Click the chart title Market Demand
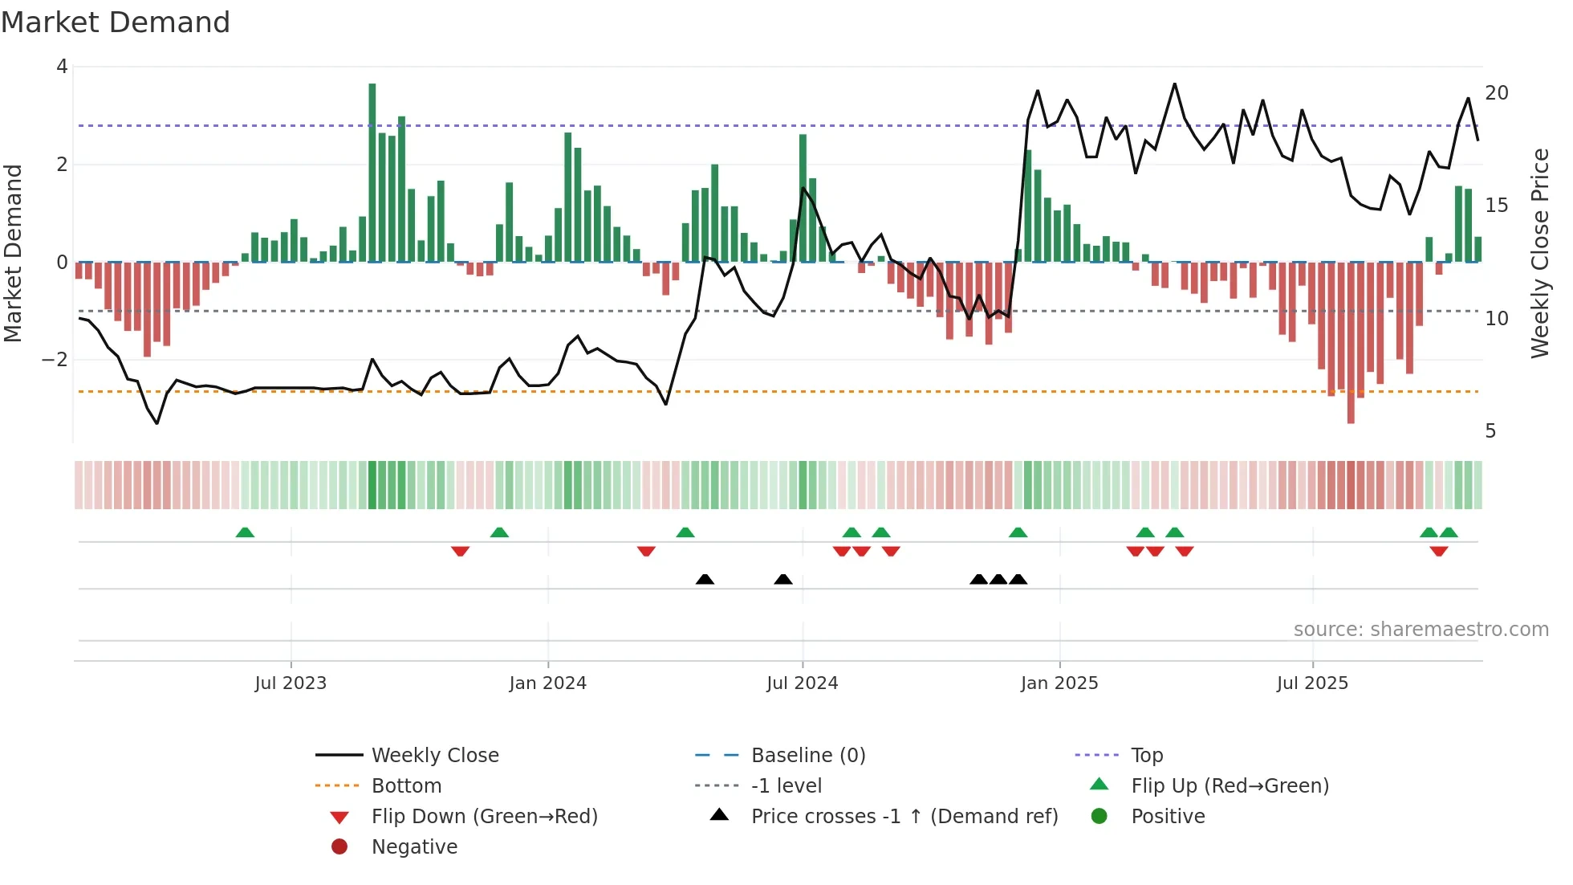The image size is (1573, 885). coord(116,22)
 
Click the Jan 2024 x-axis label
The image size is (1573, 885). coord(547,683)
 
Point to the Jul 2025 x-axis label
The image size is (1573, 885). coord(1312,683)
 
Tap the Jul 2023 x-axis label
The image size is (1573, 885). coord(291,683)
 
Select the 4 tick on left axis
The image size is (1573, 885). coord(62,67)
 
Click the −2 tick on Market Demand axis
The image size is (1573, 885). coord(55,360)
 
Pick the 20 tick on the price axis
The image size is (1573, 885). coord(1496,93)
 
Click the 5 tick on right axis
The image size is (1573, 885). coord(1490,432)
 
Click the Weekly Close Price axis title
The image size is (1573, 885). coord(1539,253)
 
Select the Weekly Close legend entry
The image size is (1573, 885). coord(434,756)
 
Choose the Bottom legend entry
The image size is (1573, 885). coord(406,786)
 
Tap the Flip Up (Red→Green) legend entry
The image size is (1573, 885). coord(1230,786)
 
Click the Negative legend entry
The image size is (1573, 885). coord(414,847)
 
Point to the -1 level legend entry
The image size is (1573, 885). coord(786,786)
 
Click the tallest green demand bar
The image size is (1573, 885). coord(372,173)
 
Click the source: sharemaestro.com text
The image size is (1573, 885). coord(1421,630)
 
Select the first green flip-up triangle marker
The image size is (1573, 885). coord(245,532)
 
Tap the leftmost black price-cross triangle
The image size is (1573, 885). coord(705,579)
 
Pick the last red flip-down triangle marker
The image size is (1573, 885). coord(1438,551)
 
